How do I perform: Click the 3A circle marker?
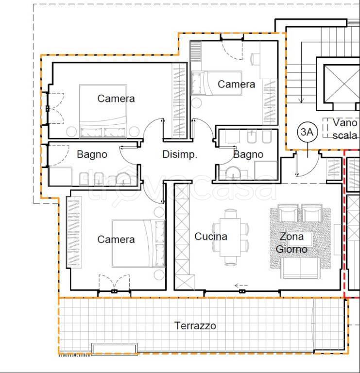[307, 132]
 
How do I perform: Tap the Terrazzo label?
[195, 326]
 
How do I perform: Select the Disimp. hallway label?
[180, 154]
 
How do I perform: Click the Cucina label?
[210, 237]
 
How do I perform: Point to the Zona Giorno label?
[291, 243]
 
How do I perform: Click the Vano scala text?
[345, 129]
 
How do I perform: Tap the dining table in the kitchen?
[230, 237]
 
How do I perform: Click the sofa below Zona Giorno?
[300, 268]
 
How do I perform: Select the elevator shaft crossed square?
[342, 84]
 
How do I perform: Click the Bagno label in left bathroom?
[92, 154]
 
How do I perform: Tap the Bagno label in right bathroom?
[248, 154]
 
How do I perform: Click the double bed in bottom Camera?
[138, 243]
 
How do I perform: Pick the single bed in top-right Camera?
[216, 83]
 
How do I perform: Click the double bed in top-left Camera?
[103, 111]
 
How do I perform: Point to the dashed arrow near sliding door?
[241, 285]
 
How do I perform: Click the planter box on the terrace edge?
[115, 349]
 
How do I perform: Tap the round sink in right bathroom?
[233, 173]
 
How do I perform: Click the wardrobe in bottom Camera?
[74, 232]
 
